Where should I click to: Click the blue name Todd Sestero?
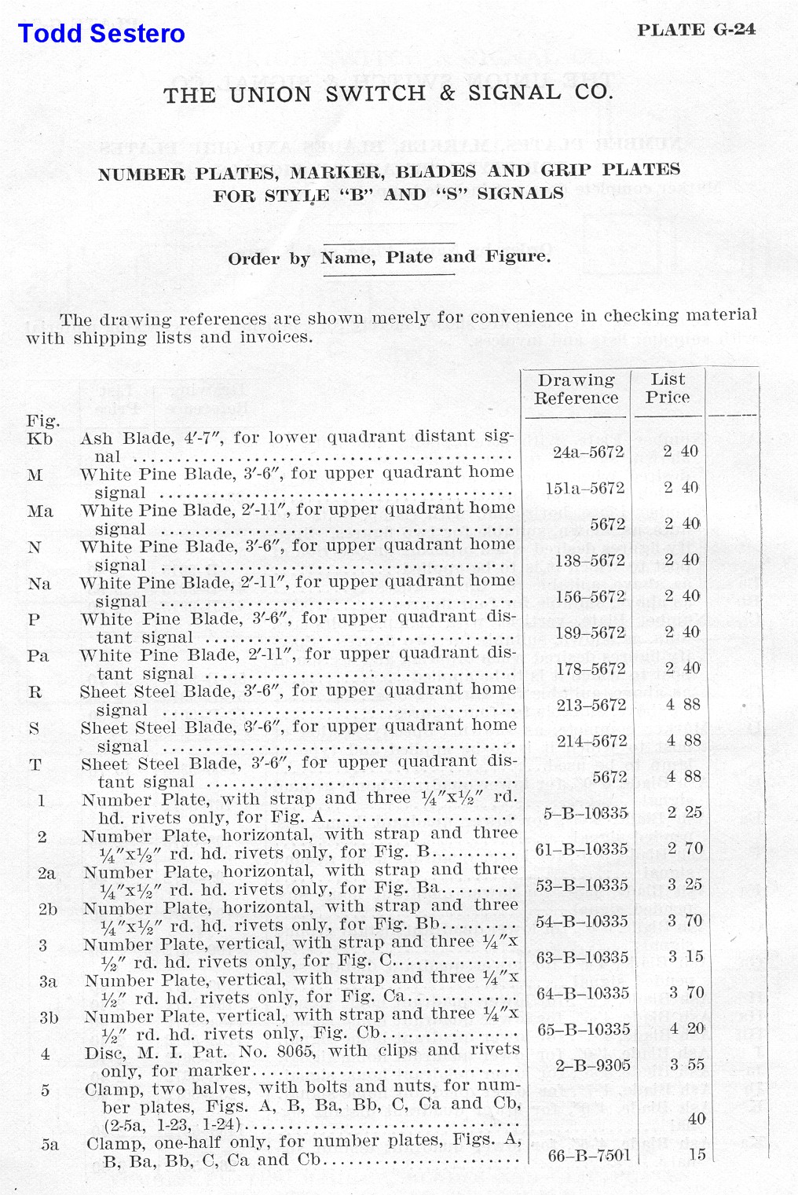point(101,34)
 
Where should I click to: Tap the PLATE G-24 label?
point(696,30)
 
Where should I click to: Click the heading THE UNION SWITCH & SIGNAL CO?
point(387,93)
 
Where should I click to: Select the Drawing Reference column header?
point(576,389)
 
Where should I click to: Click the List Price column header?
point(668,388)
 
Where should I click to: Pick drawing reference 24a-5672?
point(588,452)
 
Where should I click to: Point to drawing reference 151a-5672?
point(585,488)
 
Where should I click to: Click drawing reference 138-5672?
point(589,560)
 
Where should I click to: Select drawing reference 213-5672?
point(591,705)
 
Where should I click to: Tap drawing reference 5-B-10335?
point(585,813)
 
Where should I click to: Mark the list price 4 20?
point(686,1029)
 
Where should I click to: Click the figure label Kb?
point(39,438)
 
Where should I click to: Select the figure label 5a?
point(49,1145)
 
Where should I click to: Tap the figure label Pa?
point(38,655)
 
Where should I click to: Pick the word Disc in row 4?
point(104,1052)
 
